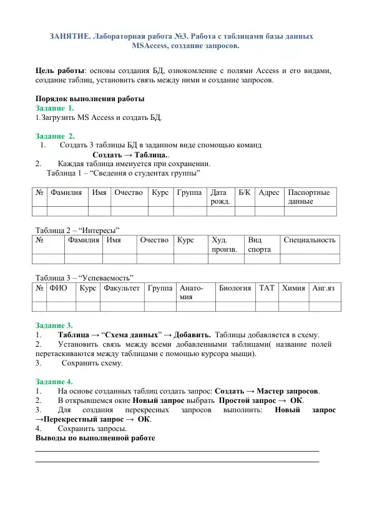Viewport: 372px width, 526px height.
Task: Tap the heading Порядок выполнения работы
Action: (90, 99)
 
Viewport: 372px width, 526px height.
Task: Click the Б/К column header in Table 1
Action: (245, 193)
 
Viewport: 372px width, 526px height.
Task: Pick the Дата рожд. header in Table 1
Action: (220, 197)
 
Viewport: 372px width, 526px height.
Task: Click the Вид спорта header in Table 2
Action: (260, 244)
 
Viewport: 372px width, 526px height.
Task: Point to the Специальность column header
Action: (310, 240)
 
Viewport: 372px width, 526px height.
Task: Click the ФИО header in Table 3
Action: (59, 288)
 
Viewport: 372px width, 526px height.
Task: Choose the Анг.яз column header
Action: (323, 288)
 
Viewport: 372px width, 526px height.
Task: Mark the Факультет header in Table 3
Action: (121, 288)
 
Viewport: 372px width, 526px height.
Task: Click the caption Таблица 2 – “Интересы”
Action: (77, 229)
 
